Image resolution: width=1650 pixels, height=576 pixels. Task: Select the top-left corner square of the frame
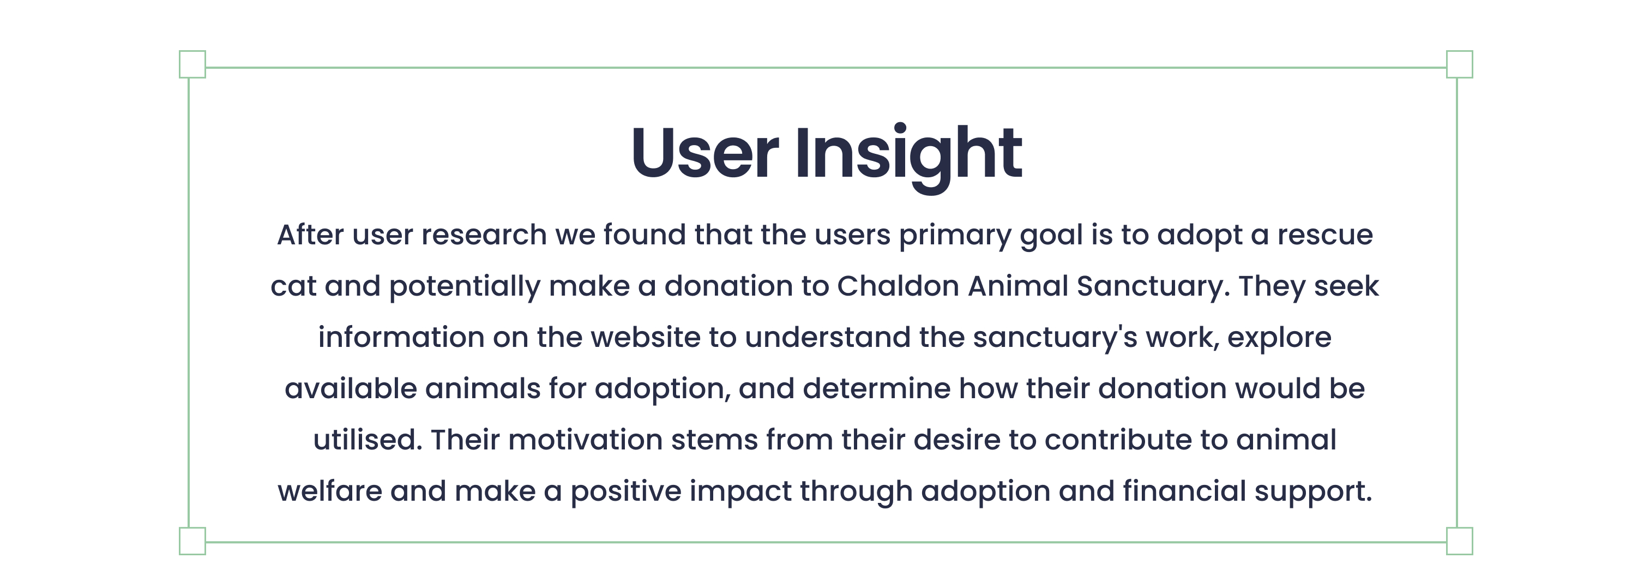[192, 64]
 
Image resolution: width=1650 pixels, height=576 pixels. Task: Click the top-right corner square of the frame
[1460, 64]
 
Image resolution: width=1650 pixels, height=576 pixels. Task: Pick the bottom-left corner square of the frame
[192, 541]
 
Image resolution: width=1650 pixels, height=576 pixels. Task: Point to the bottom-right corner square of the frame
[1460, 541]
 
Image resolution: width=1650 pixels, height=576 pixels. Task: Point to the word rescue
[1324, 236]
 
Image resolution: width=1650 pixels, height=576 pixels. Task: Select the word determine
[876, 388]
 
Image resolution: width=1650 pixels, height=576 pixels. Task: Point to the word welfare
[330, 491]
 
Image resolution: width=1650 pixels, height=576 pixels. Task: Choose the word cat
[293, 287]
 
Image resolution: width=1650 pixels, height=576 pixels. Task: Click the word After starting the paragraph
[310, 235]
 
